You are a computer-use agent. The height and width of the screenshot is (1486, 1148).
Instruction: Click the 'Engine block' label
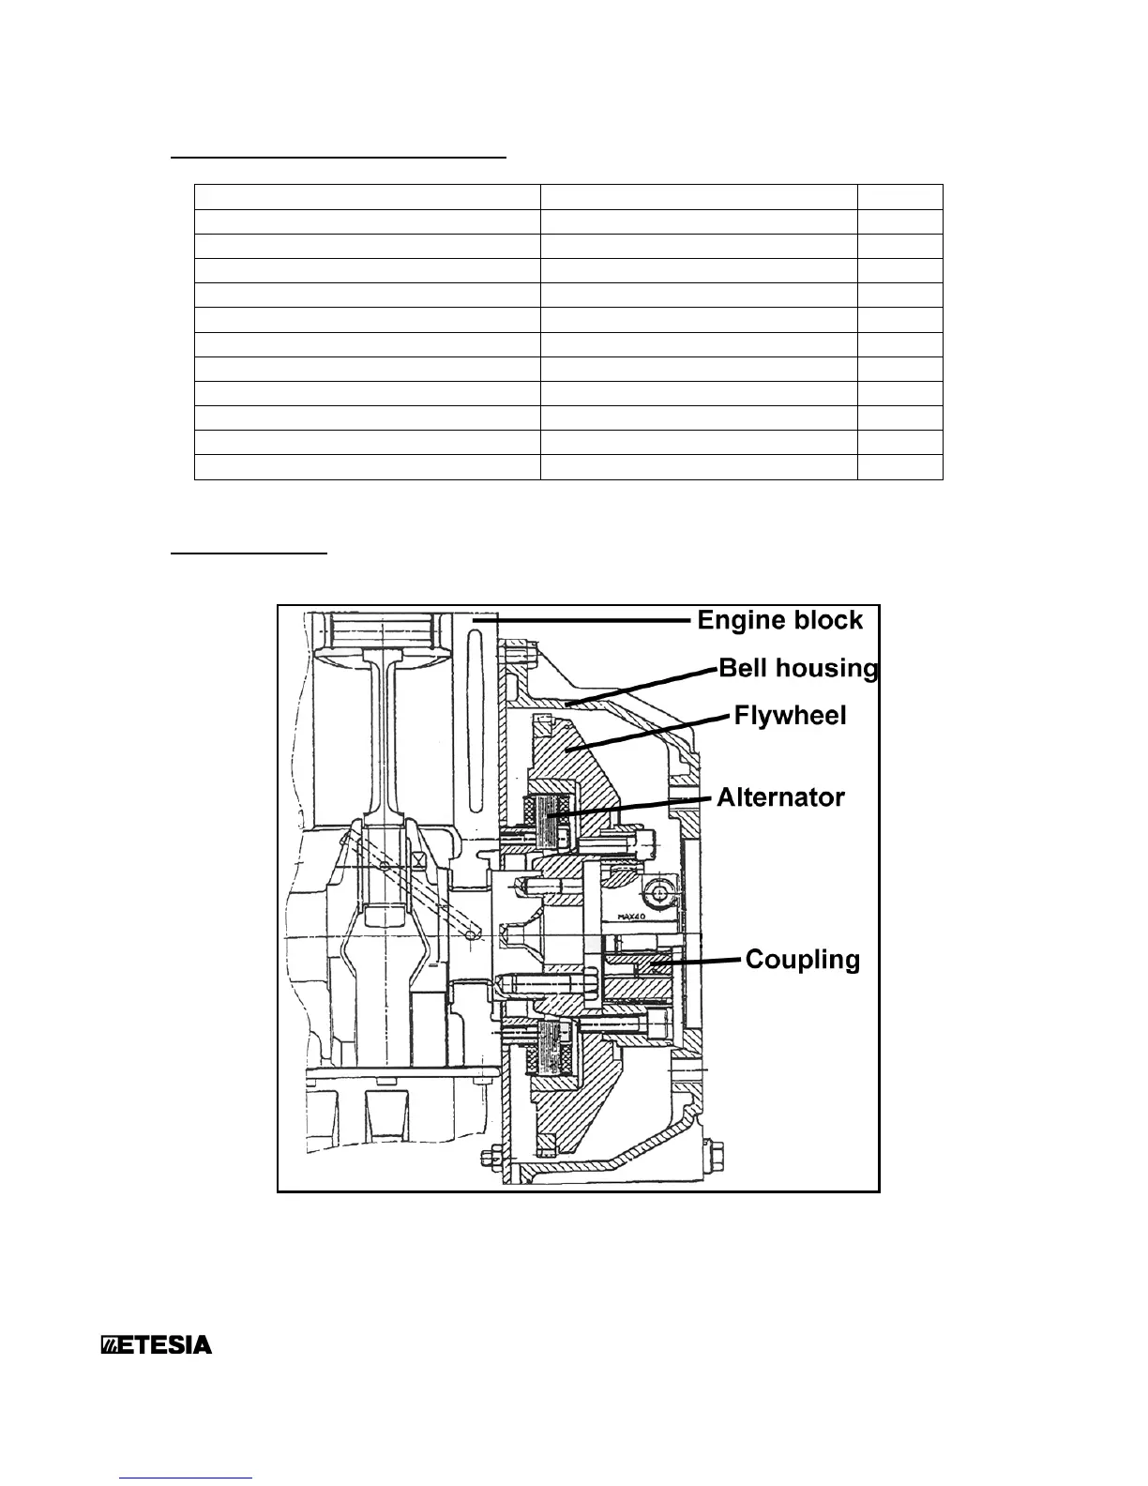[x=779, y=620]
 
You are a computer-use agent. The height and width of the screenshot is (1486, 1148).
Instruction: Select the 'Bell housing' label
[x=798, y=668]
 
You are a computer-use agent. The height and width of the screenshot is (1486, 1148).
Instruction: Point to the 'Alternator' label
[x=780, y=797]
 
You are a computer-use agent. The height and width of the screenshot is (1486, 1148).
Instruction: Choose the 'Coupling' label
[x=802, y=960]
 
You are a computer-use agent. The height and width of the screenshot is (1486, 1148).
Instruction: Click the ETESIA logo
[x=157, y=1345]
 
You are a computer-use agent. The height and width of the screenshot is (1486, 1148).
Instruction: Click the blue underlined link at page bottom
[x=188, y=1477]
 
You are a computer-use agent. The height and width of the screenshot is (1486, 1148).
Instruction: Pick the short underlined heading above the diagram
[x=249, y=553]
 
